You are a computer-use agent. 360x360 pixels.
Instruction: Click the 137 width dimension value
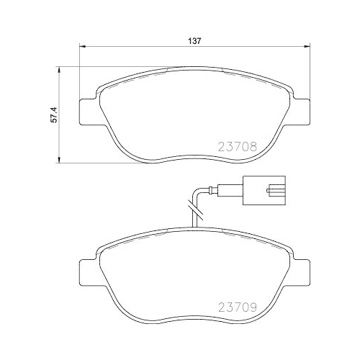[194, 41]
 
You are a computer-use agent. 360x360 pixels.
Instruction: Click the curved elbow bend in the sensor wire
[194, 193]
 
